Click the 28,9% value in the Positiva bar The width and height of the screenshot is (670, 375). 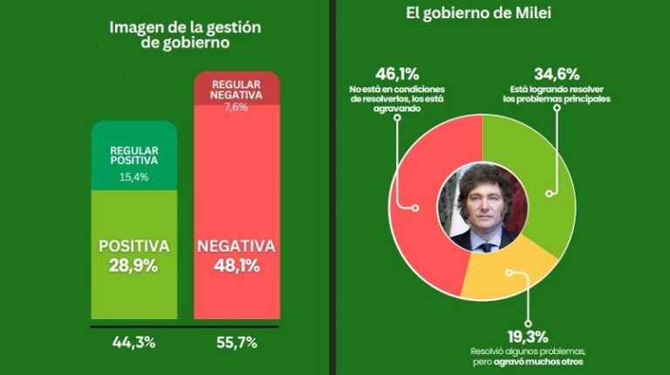[133, 266]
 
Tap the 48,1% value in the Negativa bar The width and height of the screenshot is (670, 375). [236, 266]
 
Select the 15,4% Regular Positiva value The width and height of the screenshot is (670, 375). [133, 178]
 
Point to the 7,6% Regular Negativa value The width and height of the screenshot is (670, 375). [236, 107]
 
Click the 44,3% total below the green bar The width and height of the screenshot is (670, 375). [133, 343]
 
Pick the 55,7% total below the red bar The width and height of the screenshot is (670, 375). [236, 343]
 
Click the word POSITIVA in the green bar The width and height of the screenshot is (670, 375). [133, 245]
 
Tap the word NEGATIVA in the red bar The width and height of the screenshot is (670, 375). [236, 245]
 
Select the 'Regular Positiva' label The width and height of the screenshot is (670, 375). [133, 154]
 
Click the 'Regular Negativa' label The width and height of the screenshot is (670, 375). [236, 88]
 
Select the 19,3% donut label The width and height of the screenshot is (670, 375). [521, 335]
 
